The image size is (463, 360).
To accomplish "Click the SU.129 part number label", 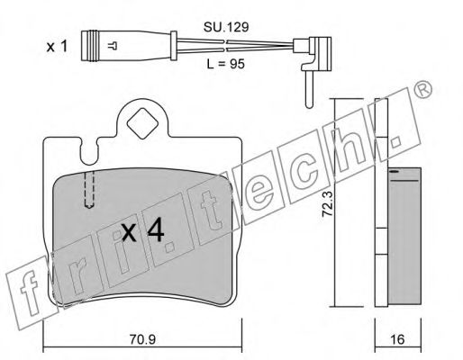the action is pyautogui.click(x=226, y=27).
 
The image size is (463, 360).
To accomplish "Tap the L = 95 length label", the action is pyautogui.click(x=226, y=64).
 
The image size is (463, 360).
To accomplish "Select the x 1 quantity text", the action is pyautogui.click(x=57, y=47).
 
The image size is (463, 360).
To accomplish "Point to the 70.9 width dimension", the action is pyautogui.click(x=142, y=339).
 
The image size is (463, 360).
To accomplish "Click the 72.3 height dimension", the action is pyautogui.click(x=327, y=203).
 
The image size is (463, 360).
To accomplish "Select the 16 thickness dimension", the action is pyautogui.click(x=397, y=339).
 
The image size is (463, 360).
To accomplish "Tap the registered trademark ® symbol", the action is pyautogui.click(x=422, y=89).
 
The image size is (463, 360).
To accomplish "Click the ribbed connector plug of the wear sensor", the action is pyautogui.click(x=90, y=46).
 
